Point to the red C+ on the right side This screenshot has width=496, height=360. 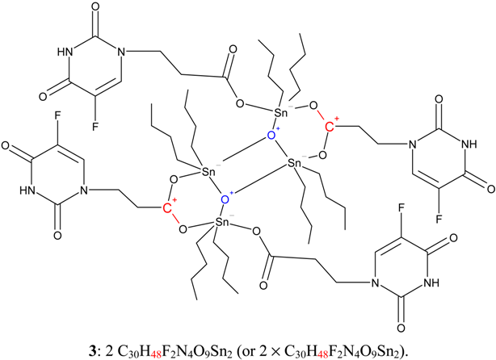pos(330,127)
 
